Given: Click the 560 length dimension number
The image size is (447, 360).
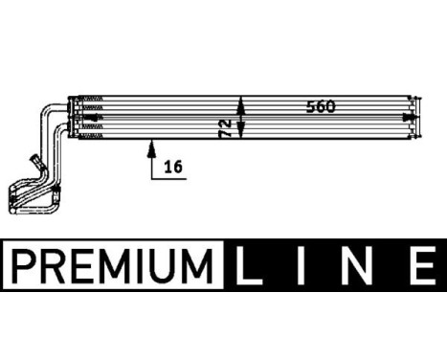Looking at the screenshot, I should coord(321,106).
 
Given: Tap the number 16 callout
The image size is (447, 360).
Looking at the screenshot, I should coord(173,166).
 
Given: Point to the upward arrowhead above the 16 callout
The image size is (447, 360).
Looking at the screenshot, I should coord(150,146).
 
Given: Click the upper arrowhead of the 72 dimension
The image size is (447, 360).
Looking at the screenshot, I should coord(241,101).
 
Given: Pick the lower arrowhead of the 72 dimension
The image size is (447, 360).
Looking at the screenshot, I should coord(241,135).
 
